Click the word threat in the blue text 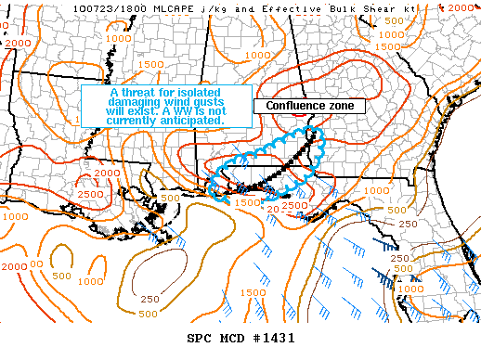[x=142, y=93]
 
